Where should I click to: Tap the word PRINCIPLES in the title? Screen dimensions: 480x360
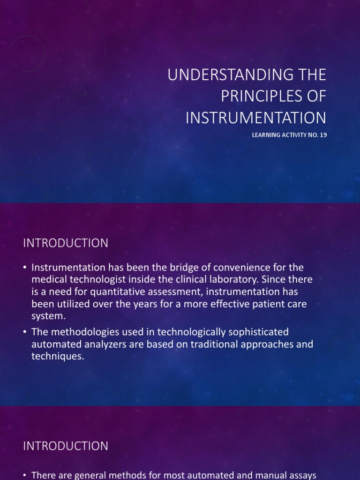[x=262, y=96]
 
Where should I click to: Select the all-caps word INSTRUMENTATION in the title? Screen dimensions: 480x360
[x=256, y=117]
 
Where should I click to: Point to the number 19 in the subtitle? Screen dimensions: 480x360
[x=322, y=135]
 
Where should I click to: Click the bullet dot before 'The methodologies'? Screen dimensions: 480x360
[x=25, y=332]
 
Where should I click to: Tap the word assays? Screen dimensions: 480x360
[x=301, y=475]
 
